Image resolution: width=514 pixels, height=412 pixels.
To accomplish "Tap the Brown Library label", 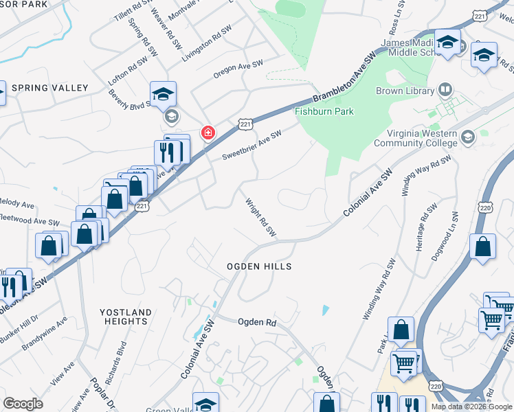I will pos(405,91).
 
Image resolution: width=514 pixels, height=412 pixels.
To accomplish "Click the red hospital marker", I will pos(207,133).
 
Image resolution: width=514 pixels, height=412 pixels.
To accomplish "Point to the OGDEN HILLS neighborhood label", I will pos(260,266).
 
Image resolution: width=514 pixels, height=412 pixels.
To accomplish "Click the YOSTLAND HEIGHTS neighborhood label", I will pos(126,317).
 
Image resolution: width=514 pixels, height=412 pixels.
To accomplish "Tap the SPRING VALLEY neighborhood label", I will pos(50,88).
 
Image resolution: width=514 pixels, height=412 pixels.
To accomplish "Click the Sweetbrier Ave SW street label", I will pos(252,146).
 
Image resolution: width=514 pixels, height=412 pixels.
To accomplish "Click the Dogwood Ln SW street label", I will pos(454,222).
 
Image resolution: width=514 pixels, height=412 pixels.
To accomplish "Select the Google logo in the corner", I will pos(23,404).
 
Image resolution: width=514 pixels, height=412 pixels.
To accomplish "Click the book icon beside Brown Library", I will pos(446,90).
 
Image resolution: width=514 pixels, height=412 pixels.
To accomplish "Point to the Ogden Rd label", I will pos(257,322).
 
